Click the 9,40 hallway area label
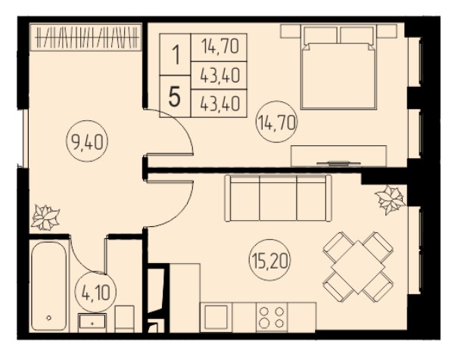[87, 141]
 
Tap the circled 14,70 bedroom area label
[277, 122]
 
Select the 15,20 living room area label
[270, 260]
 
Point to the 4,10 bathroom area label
[95, 293]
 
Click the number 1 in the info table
[176, 56]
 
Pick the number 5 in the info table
[175, 98]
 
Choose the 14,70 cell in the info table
[219, 47]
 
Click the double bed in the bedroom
[338, 67]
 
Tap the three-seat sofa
[279, 198]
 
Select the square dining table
[358, 266]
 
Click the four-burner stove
[272, 317]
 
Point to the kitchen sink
[216, 317]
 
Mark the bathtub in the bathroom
[49, 286]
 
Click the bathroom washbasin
[92, 322]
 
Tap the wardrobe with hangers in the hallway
[86, 38]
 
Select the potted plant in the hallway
[45, 218]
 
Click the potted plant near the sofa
[390, 200]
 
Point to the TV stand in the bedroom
[338, 156]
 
